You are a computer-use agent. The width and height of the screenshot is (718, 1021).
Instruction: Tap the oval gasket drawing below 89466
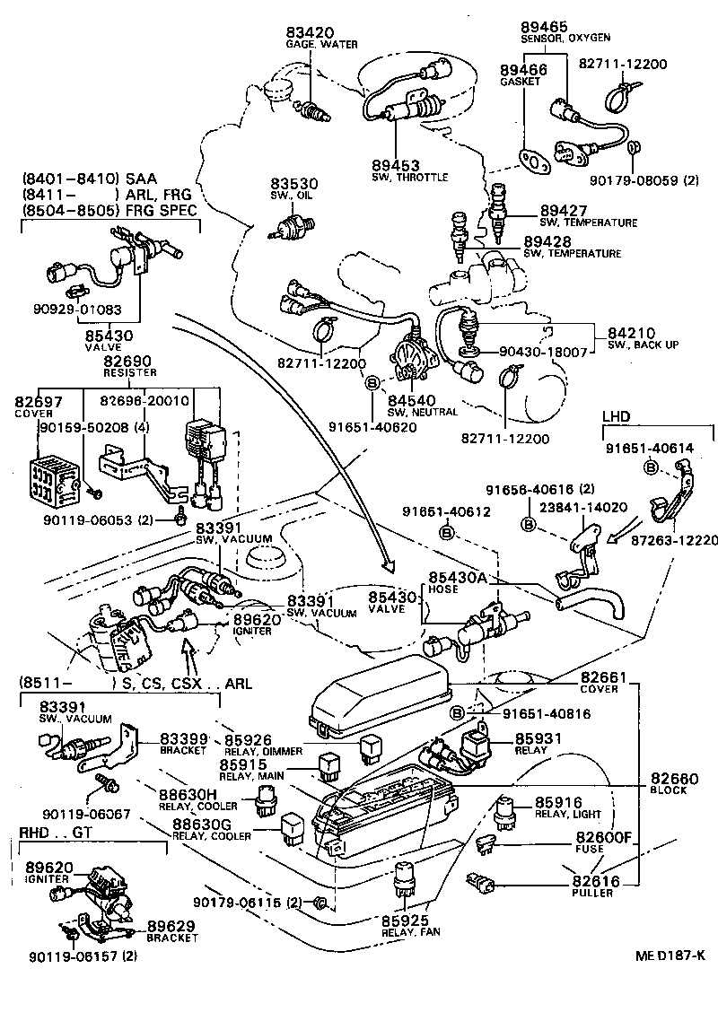coord(536,161)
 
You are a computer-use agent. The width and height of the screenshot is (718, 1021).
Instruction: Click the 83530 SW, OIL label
coord(296,189)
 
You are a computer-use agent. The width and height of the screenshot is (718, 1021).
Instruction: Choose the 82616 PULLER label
coord(594,886)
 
